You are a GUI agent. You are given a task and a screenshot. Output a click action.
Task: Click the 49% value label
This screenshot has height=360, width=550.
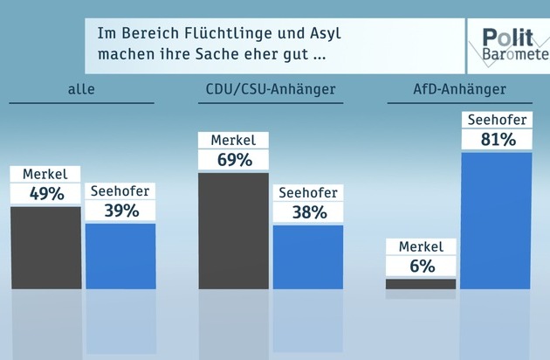45,194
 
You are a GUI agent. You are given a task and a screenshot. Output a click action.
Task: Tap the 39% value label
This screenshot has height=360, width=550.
120,211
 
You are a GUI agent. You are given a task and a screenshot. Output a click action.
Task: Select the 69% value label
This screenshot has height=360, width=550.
233,160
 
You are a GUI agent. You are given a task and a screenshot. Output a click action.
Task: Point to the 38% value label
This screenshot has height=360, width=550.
308,212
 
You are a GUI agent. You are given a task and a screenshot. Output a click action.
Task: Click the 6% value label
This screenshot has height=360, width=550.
421,267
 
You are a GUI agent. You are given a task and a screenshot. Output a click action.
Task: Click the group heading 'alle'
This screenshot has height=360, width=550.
81,89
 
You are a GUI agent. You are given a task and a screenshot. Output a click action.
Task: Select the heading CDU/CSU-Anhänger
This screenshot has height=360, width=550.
270,89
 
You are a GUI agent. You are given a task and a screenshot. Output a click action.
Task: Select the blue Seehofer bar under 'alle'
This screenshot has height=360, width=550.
120,256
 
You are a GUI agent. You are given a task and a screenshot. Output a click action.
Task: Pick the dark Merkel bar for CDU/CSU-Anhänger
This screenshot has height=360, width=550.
233,231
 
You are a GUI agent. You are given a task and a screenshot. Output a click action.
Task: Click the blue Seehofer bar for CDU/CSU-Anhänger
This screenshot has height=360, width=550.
308,257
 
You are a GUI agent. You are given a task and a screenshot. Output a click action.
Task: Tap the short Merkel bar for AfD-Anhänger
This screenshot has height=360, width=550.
421,283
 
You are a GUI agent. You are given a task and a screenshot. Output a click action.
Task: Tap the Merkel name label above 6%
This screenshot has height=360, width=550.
421,247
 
